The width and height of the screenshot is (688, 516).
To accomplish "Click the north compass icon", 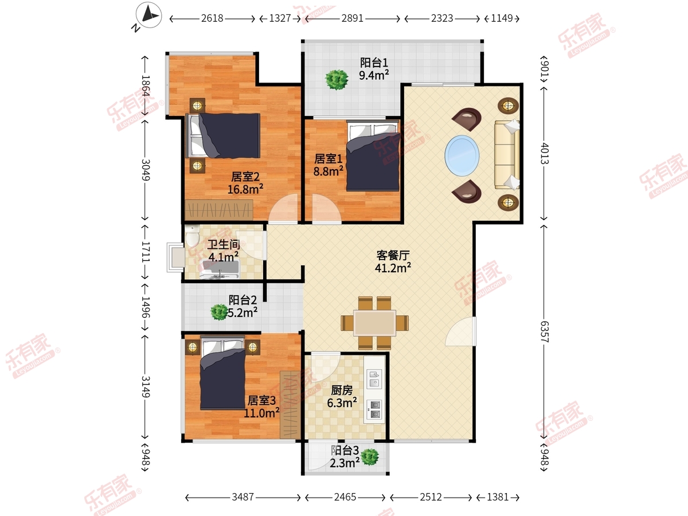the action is [x=148, y=15].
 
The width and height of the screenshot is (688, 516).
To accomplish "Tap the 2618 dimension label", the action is [x=212, y=18].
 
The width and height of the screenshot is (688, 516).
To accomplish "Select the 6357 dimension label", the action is [x=545, y=332].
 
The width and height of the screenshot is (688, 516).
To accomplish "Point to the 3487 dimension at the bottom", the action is [x=243, y=497].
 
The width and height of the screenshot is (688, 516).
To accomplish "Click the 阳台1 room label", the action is [x=374, y=62].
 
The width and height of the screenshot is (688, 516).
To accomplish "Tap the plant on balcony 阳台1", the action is [x=337, y=80].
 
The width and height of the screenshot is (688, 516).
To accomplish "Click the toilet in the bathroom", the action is [x=192, y=235].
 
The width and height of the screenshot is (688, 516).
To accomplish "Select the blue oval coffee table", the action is [x=462, y=155].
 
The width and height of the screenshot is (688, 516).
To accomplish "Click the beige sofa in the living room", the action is [x=507, y=155].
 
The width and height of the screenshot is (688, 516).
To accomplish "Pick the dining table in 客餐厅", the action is [x=374, y=323].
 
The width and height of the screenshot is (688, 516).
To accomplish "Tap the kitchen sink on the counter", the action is [x=374, y=379].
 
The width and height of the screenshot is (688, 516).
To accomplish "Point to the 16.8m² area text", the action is [x=245, y=189].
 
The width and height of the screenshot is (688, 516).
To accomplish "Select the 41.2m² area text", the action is [x=393, y=268].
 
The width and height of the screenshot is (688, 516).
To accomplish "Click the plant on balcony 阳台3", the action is [x=370, y=457].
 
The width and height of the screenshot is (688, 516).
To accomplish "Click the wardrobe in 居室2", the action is [x=219, y=210].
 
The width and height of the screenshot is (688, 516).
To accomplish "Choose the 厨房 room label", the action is [x=342, y=390].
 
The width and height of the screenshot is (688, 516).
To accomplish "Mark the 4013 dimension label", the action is [x=545, y=154].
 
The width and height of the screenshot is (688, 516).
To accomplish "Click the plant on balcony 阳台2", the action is [x=219, y=312].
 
